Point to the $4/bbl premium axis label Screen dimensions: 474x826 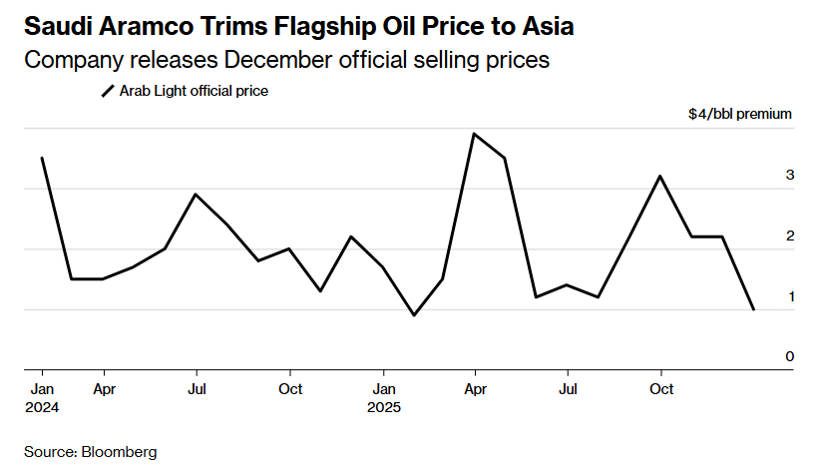coord(740,114)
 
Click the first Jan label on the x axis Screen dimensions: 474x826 coord(42,388)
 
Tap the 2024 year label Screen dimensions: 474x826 coord(42,407)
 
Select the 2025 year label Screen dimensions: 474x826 coord(384,407)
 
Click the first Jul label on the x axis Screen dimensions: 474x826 coord(197,388)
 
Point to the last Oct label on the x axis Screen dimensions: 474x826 coord(659,388)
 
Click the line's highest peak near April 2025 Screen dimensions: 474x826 coord(474,134)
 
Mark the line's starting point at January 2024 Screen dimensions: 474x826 coord(42,158)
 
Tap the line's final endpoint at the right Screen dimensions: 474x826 coord(753,309)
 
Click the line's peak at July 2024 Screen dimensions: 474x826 coord(197,195)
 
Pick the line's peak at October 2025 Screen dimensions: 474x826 coord(659,177)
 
